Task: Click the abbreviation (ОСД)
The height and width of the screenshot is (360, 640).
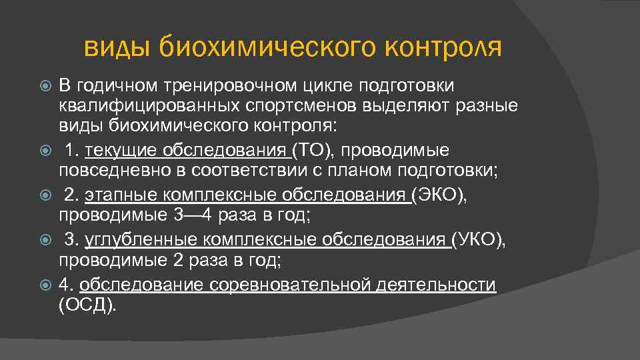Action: (x=87, y=305)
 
